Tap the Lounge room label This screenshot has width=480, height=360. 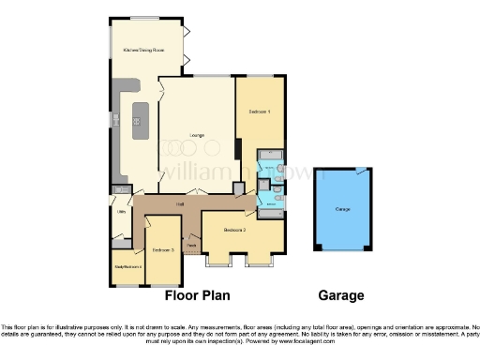click(x=197, y=135)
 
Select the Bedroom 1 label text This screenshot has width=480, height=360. click(x=259, y=112)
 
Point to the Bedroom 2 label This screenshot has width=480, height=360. click(x=234, y=229)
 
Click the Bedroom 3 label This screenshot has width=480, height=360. click(x=163, y=250)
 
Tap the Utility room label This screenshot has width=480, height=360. click(x=121, y=212)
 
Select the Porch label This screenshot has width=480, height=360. click(x=191, y=247)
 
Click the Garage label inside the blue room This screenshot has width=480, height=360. click(x=342, y=209)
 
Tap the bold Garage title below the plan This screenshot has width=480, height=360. click(x=341, y=295)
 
